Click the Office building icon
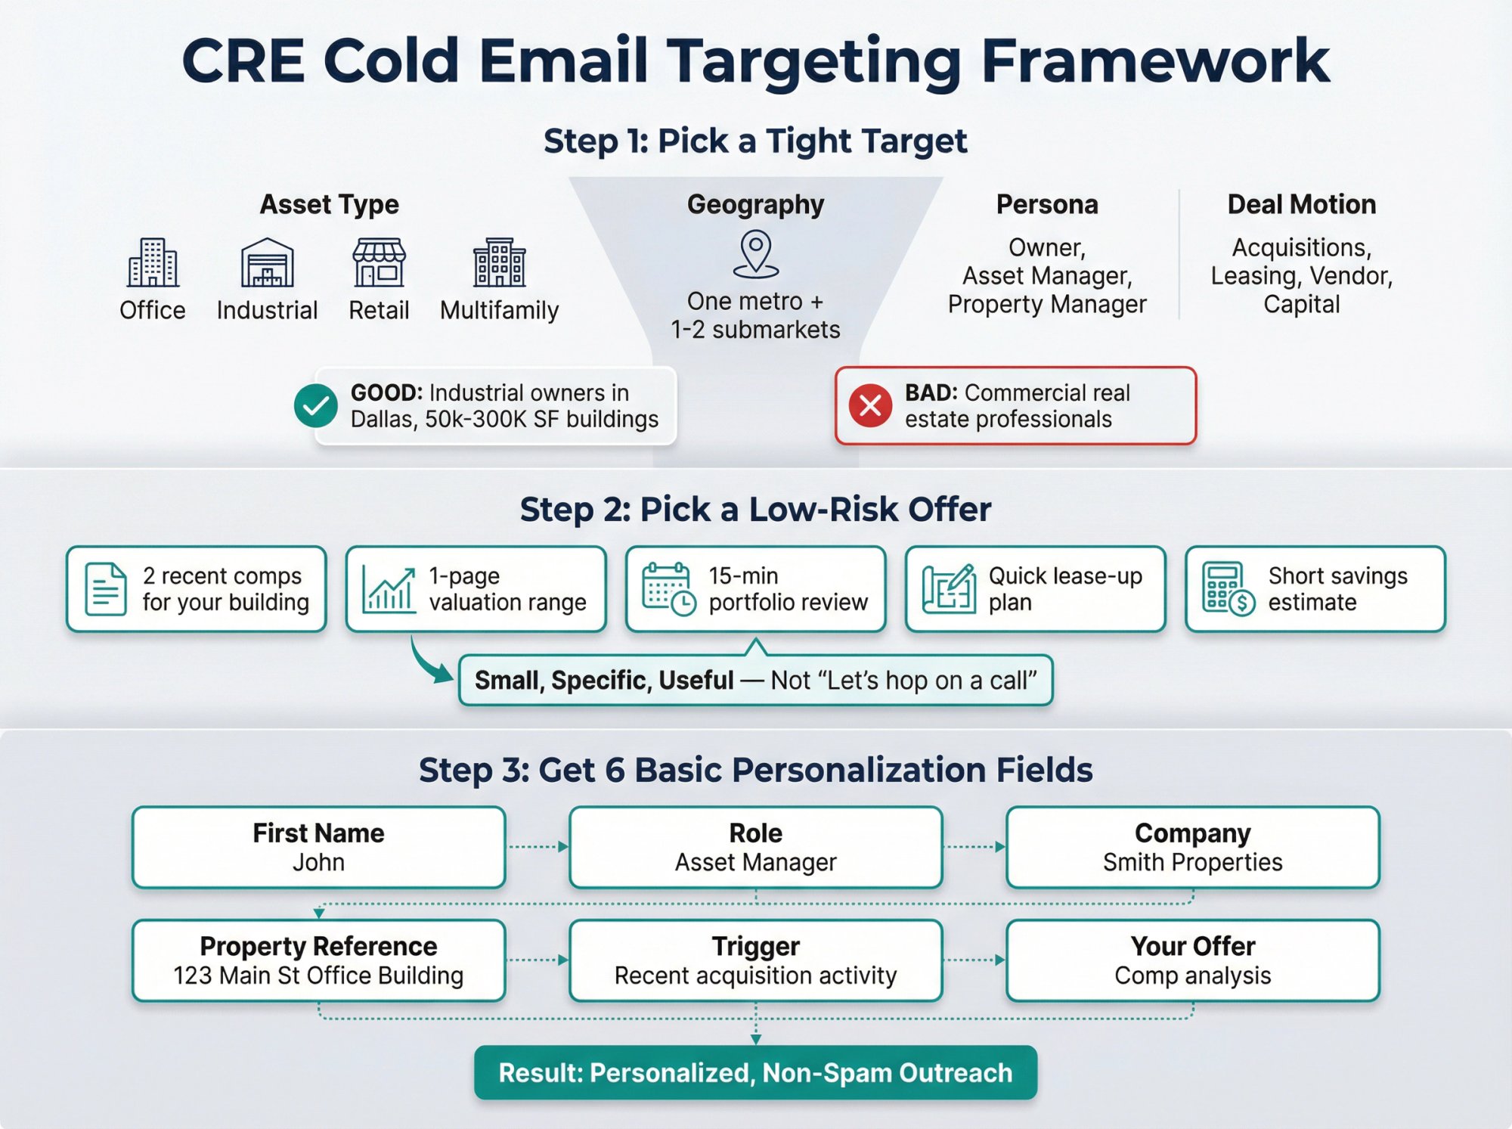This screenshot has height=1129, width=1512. (153, 262)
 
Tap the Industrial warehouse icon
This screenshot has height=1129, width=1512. (267, 262)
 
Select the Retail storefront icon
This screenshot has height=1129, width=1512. (379, 262)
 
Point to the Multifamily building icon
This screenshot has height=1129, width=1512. (499, 262)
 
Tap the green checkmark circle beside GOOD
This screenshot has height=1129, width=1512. (316, 406)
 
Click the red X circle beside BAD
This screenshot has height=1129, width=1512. (870, 406)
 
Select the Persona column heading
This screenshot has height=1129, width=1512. (1046, 204)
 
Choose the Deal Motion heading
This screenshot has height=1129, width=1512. (1301, 204)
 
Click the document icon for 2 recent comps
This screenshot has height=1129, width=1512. (105, 588)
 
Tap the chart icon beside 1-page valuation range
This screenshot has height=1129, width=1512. (389, 588)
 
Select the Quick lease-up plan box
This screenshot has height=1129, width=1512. (1035, 588)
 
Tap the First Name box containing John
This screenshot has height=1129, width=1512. (318, 847)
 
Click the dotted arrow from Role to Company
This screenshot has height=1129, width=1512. (974, 847)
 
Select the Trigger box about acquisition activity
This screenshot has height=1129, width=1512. (755, 960)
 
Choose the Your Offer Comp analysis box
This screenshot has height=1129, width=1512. (1192, 960)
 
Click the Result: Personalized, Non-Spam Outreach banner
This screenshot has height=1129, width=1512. (755, 1072)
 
